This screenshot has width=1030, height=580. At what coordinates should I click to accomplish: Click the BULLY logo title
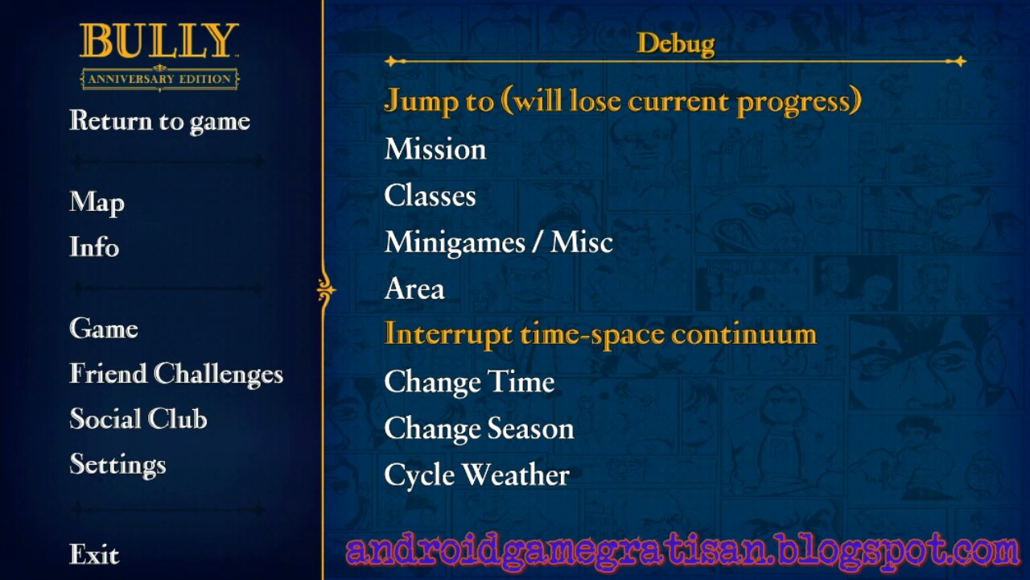click(159, 40)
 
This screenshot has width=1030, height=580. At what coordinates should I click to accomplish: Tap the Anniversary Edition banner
click(159, 78)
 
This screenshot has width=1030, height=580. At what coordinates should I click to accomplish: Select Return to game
click(159, 122)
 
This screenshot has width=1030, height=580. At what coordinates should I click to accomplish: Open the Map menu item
click(97, 202)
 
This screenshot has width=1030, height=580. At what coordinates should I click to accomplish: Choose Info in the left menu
click(94, 246)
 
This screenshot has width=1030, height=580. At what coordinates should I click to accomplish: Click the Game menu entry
click(104, 328)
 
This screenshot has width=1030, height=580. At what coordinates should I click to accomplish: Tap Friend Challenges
click(176, 374)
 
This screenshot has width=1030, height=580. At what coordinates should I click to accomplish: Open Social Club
click(138, 418)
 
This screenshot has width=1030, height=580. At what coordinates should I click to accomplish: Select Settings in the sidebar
click(117, 465)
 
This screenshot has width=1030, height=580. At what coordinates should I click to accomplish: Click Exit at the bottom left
click(94, 553)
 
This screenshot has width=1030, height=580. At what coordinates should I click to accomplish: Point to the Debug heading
click(676, 44)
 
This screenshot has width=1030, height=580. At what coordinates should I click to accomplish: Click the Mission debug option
click(435, 149)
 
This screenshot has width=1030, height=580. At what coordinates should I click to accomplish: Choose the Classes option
click(430, 196)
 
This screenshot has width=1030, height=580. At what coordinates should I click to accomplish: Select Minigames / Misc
click(499, 242)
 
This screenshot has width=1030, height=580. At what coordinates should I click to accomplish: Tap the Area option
click(414, 288)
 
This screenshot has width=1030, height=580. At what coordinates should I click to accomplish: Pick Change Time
click(469, 382)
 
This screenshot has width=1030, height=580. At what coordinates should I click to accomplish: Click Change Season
click(479, 428)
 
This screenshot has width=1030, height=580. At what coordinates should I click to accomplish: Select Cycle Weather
click(477, 475)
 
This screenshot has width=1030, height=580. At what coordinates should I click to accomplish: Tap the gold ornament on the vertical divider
click(326, 290)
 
